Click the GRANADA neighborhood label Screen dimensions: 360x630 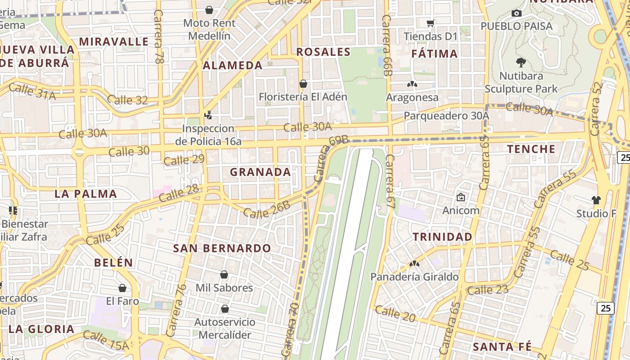(260, 172)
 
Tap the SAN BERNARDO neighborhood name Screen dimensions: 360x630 (222, 248)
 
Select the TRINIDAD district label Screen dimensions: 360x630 (443, 237)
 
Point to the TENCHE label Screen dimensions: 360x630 (531, 149)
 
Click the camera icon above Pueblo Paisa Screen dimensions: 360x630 (517, 13)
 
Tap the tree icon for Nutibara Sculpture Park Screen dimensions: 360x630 (521, 62)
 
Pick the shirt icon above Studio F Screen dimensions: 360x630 (596, 200)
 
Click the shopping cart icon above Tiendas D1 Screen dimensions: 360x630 (431, 22)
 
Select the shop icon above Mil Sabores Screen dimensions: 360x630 (224, 274)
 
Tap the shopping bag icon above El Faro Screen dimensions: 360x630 (122, 288)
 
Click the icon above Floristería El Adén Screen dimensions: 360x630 (303, 84)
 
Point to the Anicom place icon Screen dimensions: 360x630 (461, 197)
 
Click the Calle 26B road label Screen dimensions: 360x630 (266, 210)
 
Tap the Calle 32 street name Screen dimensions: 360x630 (128, 100)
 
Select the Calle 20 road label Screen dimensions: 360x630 (395, 314)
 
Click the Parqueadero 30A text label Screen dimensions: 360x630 (446, 116)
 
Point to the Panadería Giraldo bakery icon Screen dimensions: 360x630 (414, 263)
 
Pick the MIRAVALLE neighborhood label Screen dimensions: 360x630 (114, 41)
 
